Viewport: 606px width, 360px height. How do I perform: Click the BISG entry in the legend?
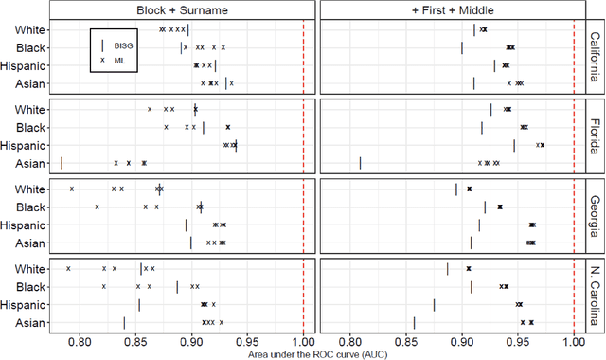pyautogui.click(x=117, y=45)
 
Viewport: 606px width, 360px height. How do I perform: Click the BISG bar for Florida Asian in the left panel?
pyautogui.click(x=62, y=162)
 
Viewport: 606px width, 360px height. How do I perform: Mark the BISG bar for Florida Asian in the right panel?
pyautogui.click(x=361, y=162)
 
